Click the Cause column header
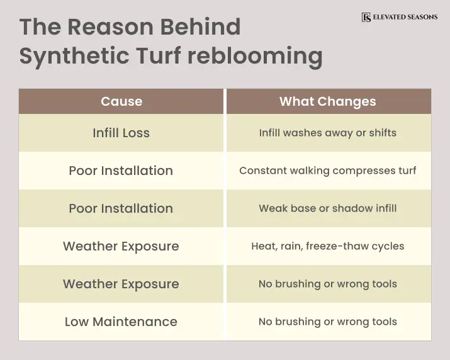click(x=121, y=101)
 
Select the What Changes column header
click(x=327, y=101)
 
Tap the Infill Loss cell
click(x=121, y=133)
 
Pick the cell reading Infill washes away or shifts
click(x=327, y=133)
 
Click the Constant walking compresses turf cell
click(x=327, y=171)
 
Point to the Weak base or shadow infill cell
click(x=327, y=208)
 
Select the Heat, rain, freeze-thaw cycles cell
click(x=327, y=246)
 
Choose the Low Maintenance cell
click(x=121, y=322)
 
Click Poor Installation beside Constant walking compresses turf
click(x=121, y=171)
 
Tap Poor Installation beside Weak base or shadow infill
click(x=121, y=208)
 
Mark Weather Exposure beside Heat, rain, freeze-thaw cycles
click(x=121, y=246)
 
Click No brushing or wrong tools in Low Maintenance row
click(x=327, y=322)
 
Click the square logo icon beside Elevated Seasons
click(x=366, y=17)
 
